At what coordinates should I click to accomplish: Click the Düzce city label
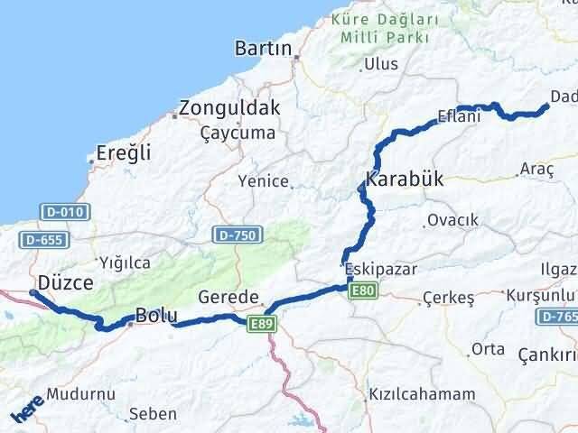tap(65, 283)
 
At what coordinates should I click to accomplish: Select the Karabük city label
tap(405, 178)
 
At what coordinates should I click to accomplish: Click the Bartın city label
tap(262, 48)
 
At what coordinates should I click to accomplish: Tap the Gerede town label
tap(228, 297)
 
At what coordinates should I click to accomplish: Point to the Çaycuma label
tap(238, 132)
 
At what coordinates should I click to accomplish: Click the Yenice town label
tap(263, 181)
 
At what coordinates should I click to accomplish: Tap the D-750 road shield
tap(238, 235)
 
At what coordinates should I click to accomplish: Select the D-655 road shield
tap(42, 240)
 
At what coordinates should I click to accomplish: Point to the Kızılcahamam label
tap(422, 394)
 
